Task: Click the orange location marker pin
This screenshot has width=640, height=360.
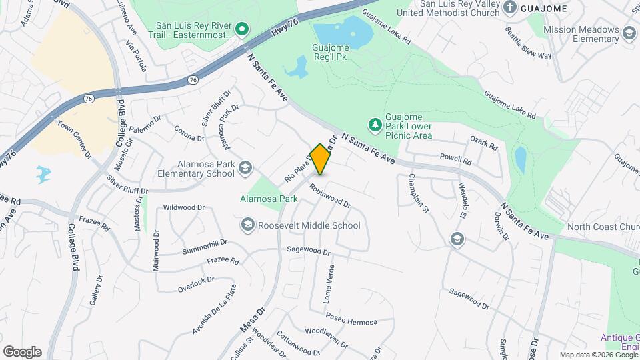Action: pyautogui.click(x=320, y=159)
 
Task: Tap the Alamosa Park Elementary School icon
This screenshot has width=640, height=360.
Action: pyautogui.click(x=245, y=168)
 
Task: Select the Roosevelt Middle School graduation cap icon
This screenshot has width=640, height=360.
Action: pyautogui.click(x=249, y=225)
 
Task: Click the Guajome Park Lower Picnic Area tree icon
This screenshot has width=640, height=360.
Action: pyautogui.click(x=375, y=125)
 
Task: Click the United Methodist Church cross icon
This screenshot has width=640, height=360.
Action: pyautogui.click(x=510, y=8)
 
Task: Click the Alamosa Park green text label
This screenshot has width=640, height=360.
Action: pyautogui.click(x=269, y=199)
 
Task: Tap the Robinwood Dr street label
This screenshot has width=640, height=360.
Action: pyautogui.click(x=329, y=195)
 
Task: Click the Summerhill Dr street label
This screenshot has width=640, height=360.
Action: pyautogui.click(x=205, y=247)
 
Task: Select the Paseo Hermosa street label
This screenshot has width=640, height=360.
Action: pyautogui.click(x=351, y=321)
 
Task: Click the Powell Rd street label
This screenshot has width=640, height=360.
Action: pyautogui.click(x=455, y=160)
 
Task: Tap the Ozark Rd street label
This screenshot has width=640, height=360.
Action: pyautogui.click(x=484, y=143)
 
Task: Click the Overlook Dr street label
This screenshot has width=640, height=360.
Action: pyautogui.click(x=196, y=285)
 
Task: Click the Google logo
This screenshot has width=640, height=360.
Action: pyautogui.click(x=22, y=351)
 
